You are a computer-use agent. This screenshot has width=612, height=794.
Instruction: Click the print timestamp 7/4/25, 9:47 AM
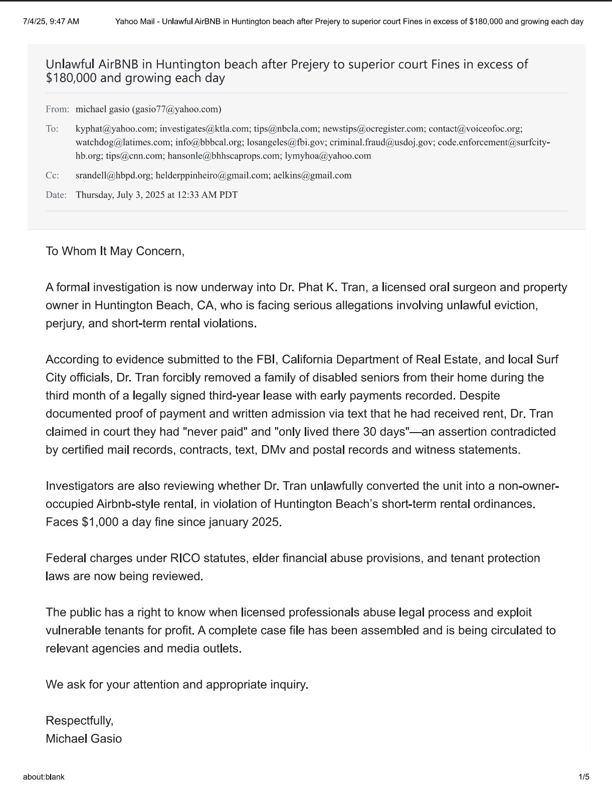click(x=51, y=22)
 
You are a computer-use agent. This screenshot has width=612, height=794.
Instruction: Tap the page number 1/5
click(x=584, y=777)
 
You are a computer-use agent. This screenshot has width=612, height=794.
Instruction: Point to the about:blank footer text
click(x=44, y=777)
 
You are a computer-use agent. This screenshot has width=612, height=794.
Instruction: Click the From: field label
click(x=57, y=109)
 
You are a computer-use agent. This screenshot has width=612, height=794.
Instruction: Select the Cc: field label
click(x=52, y=175)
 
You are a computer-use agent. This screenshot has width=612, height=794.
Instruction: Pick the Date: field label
click(x=56, y=195)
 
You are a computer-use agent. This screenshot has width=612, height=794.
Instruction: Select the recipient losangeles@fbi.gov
click(x=286, y=142)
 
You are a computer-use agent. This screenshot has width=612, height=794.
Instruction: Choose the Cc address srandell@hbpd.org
click(x=113, y=175)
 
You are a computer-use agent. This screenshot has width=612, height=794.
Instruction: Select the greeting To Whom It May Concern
click(x=115, y=251)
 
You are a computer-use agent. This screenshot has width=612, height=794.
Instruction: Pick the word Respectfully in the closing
click(x=79, y=721)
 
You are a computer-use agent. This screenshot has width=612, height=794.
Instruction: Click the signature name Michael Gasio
click(x=84, y=739)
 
